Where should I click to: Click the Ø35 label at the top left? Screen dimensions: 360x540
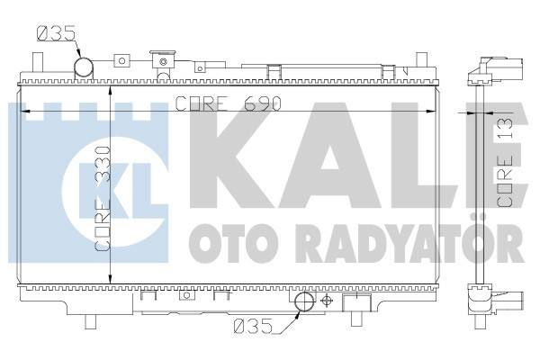55,35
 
